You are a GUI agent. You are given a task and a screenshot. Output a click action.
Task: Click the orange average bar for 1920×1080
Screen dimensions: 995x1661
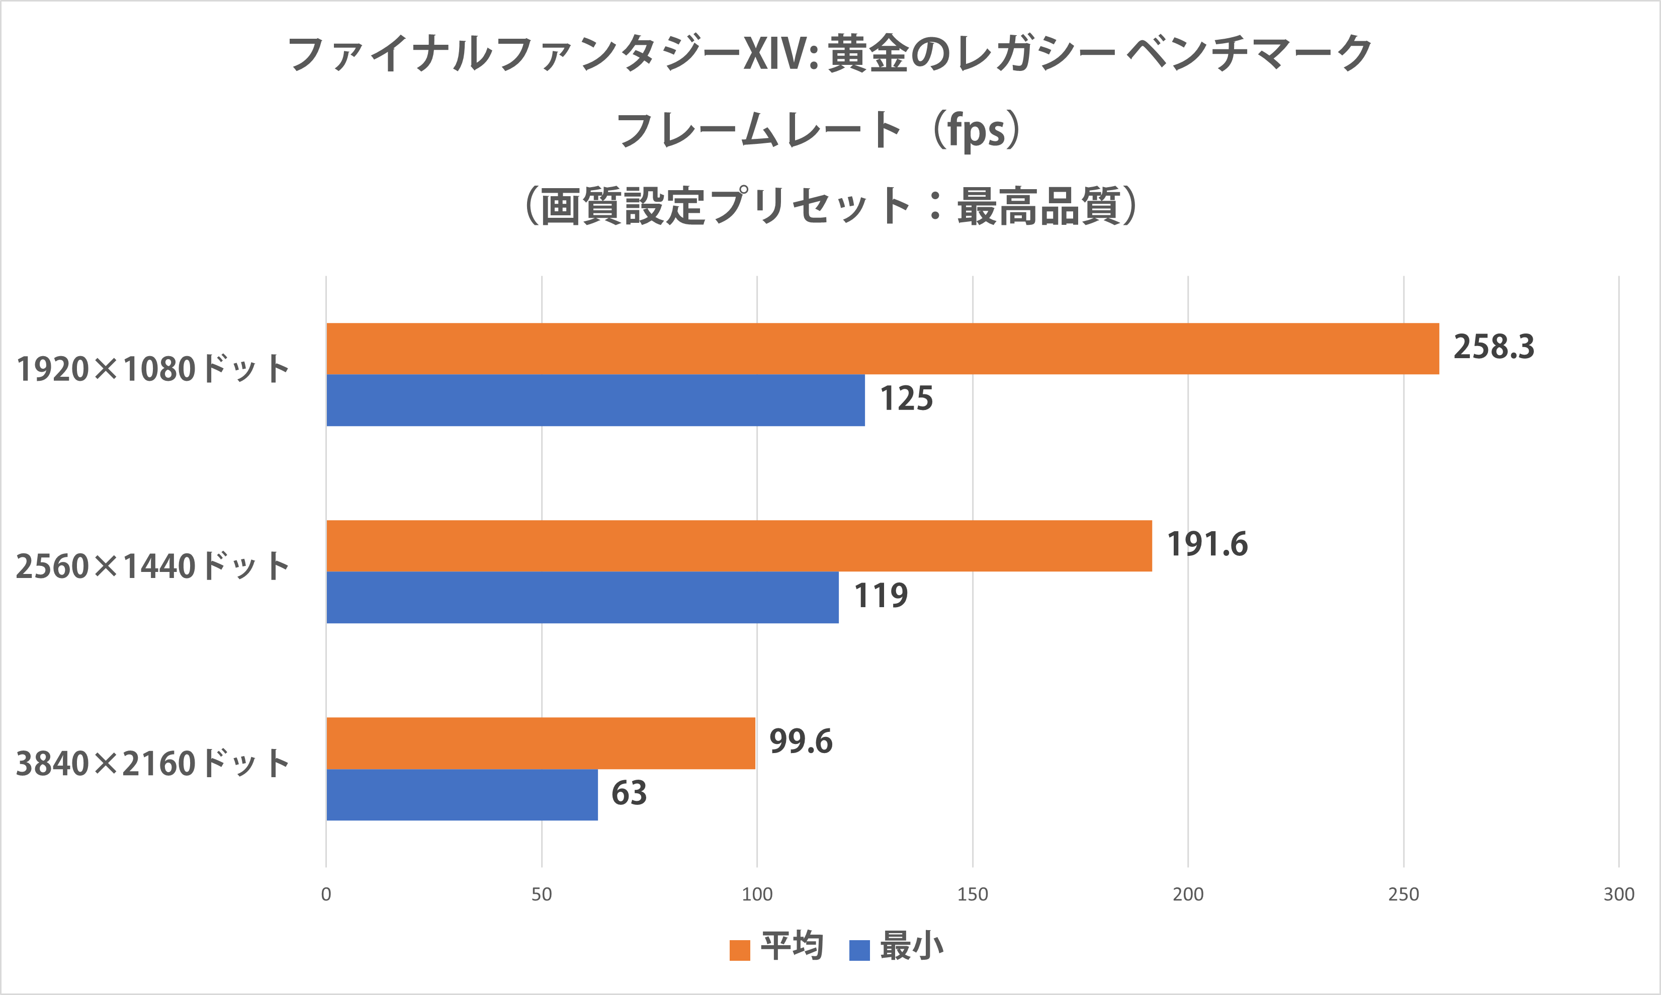882,349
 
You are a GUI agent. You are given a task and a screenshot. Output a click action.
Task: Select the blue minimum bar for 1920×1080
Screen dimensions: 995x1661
595,400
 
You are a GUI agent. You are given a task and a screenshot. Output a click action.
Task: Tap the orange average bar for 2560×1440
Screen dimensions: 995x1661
739,546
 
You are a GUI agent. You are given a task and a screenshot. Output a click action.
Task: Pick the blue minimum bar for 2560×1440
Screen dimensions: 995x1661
582,598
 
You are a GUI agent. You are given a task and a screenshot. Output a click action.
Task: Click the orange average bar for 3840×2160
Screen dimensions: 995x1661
540,743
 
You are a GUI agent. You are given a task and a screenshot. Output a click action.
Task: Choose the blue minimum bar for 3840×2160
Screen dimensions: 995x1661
462,794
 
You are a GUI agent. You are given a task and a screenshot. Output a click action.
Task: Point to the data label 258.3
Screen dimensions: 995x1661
1494,347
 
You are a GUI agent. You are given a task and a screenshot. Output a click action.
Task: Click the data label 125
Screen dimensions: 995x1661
906,399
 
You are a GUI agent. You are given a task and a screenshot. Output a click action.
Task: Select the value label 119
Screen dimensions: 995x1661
880,596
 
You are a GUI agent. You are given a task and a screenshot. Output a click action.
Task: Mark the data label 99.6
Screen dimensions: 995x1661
801,741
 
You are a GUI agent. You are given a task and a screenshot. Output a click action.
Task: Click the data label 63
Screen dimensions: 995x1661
629,793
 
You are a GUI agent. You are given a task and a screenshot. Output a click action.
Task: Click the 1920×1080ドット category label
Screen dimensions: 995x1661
153,369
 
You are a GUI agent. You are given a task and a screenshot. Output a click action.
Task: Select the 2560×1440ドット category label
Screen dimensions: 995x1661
153,566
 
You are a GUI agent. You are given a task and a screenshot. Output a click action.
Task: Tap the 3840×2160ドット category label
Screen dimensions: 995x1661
153,764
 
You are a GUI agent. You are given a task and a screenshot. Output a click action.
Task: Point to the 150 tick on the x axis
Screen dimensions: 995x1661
972,894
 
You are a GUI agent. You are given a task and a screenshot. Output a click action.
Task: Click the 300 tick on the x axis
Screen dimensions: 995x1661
1618,894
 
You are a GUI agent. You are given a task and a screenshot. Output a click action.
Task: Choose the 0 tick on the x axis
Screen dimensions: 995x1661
326,894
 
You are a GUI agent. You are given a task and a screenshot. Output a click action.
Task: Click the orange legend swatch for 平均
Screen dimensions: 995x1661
739,950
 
